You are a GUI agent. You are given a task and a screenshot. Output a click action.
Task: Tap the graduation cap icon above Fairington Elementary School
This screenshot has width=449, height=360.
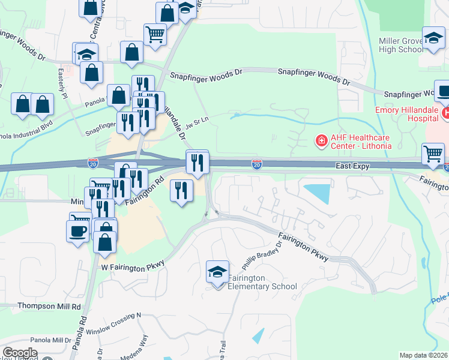[x=217, y=272]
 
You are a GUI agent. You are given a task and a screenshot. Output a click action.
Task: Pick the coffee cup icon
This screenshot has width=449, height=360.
[x=77, y=231]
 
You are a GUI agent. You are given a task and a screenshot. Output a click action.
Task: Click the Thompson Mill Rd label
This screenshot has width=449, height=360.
[x=49, y=306]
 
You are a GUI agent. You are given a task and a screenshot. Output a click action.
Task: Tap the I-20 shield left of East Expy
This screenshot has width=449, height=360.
[x=256, y=163]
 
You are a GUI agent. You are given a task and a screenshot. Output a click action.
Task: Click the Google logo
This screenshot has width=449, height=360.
[x=19, y=353]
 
